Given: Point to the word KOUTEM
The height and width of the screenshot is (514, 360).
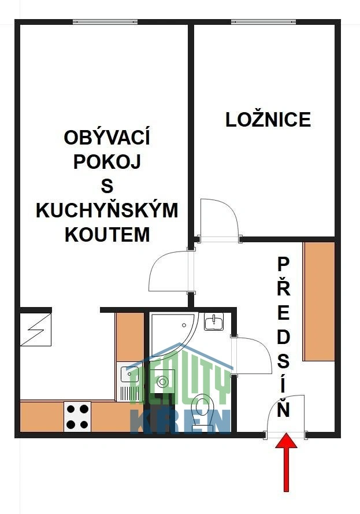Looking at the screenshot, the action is pyautogui.click(x=107, y=234).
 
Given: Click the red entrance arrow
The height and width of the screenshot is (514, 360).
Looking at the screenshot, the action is pyautogui.click(x=286, y=462).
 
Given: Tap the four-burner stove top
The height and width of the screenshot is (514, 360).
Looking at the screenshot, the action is pyautogui.click(x=77, y=417).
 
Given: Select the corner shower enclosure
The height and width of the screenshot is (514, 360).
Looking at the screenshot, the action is pyautogui.click(x=174, y=335).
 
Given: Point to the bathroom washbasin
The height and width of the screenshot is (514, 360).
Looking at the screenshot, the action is pyautogui.click(x=214, y=321).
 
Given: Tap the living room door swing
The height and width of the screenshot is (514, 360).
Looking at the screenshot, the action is pyautogui.click(x=170, y=271).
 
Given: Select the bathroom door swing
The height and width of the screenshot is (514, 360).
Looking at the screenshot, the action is pyautogui.click(x=251, y=356).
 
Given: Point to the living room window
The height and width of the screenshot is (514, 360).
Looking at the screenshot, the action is pyautogui.click(x=105, y=22).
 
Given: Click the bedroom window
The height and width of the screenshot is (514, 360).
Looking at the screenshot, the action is pyautogui.click(x=263, y=22).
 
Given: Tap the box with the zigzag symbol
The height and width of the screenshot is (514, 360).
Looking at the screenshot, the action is pyautogui.click(x=36, y=330).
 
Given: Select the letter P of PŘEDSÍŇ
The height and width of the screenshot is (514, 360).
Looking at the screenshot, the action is pyautogui.click(x=283, y=265).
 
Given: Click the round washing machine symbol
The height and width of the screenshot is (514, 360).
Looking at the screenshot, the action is pyautogui.click(x=162, y=381).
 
